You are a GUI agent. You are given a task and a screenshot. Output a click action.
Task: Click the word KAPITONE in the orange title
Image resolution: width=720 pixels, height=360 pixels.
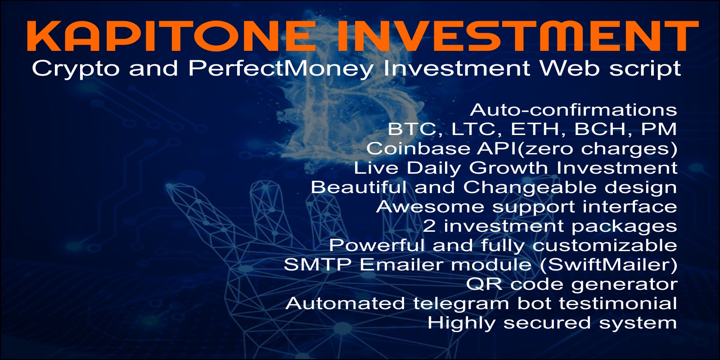170,36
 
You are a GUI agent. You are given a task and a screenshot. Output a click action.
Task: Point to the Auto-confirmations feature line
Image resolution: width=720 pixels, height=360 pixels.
573,110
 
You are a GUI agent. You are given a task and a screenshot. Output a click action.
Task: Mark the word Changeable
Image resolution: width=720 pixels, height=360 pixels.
530,188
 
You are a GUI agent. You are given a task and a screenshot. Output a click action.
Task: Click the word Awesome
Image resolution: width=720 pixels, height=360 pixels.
430,207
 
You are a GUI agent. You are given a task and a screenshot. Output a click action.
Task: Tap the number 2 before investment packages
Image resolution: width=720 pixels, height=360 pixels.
429,225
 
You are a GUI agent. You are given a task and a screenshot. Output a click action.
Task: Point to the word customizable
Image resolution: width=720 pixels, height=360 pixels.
605,245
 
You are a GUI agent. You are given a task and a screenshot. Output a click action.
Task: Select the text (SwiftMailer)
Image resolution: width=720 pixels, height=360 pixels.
609,265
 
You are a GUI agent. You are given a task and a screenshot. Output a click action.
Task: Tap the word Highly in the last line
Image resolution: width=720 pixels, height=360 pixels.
461,323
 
